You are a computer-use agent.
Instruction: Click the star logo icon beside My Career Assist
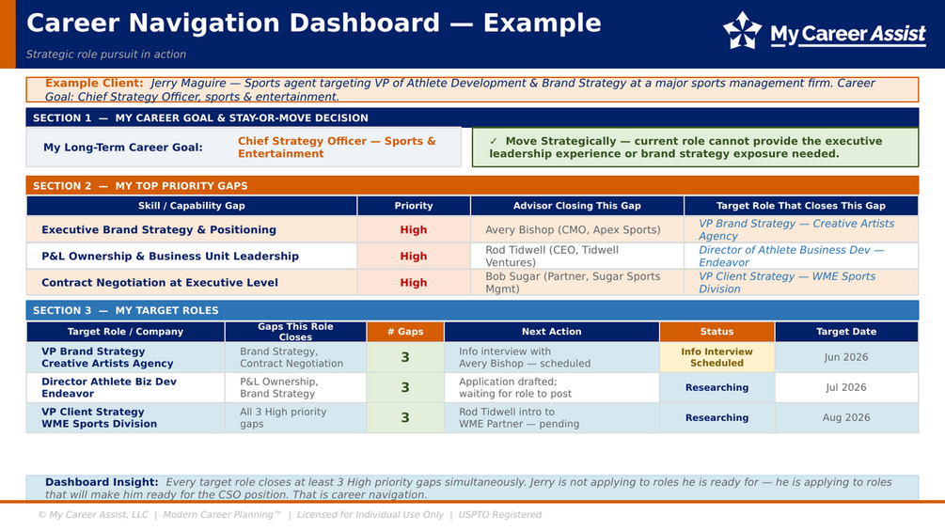(742, 30)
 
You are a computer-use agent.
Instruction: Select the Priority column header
(414, 206)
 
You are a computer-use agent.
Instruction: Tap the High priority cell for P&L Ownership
(414, 257)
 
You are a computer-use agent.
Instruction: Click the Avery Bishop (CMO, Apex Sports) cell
(573, 230)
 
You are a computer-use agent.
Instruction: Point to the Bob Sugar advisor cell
(573, 282)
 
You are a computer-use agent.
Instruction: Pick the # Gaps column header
(405, 332)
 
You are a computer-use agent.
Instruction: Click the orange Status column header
(717, 332)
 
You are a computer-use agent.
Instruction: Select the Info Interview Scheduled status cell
(717, 357)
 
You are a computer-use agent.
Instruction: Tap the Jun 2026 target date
(846, 357)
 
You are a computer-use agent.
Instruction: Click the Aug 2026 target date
(846, 417)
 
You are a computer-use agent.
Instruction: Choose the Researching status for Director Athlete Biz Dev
(717, 388)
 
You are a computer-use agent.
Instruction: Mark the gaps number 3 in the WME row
(405, 418)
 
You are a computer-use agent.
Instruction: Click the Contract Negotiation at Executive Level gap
(160, 282)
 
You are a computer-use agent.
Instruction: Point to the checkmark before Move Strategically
(494, 141)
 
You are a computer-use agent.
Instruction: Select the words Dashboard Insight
(102, 482)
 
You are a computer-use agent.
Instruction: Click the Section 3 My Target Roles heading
(125, 311)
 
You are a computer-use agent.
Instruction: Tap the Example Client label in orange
(94, 83)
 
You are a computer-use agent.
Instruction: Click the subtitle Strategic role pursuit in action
(106, 55)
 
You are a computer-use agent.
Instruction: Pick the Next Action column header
(551, 332)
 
